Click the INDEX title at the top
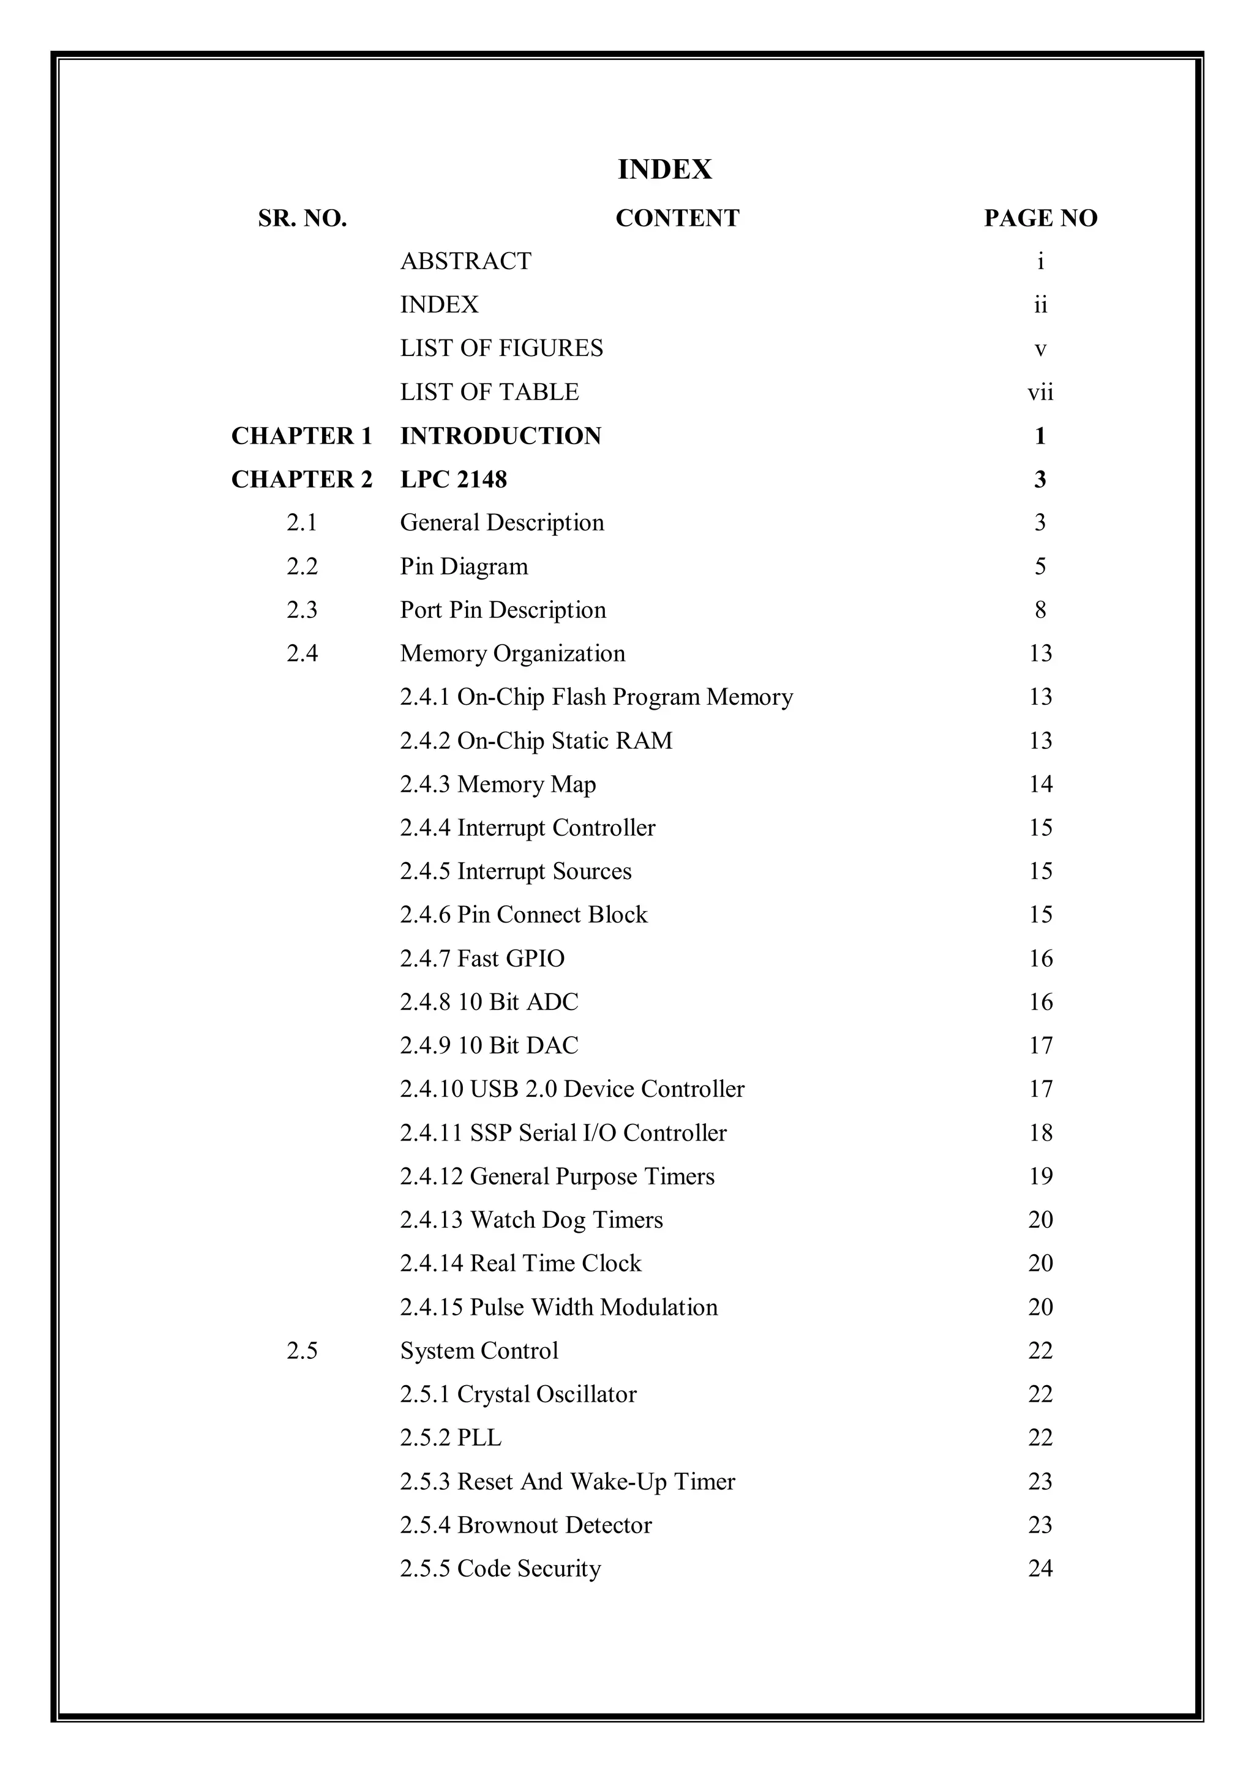664,169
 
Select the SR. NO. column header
302,218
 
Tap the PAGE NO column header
1040,218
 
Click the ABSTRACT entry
465,261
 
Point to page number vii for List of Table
1040,392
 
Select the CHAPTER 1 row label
301,436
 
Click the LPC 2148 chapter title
454,480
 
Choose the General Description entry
501,523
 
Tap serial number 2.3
301,610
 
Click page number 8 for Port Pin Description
1040,610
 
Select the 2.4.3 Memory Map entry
498,784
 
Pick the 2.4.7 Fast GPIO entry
482,958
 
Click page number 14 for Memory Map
1040,784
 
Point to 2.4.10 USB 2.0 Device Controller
572,1089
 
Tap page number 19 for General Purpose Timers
1040,1176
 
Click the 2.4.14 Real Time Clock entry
520,1263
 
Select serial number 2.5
301,1351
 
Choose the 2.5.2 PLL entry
451,1438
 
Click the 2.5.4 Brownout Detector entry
525,1525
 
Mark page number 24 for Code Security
1040,1569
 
